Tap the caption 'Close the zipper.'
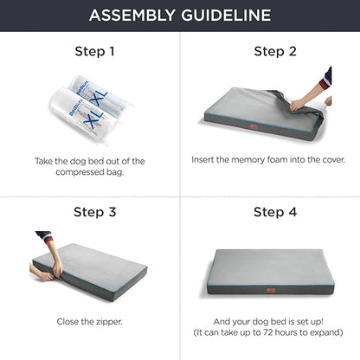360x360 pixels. click(x=90, y=321)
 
